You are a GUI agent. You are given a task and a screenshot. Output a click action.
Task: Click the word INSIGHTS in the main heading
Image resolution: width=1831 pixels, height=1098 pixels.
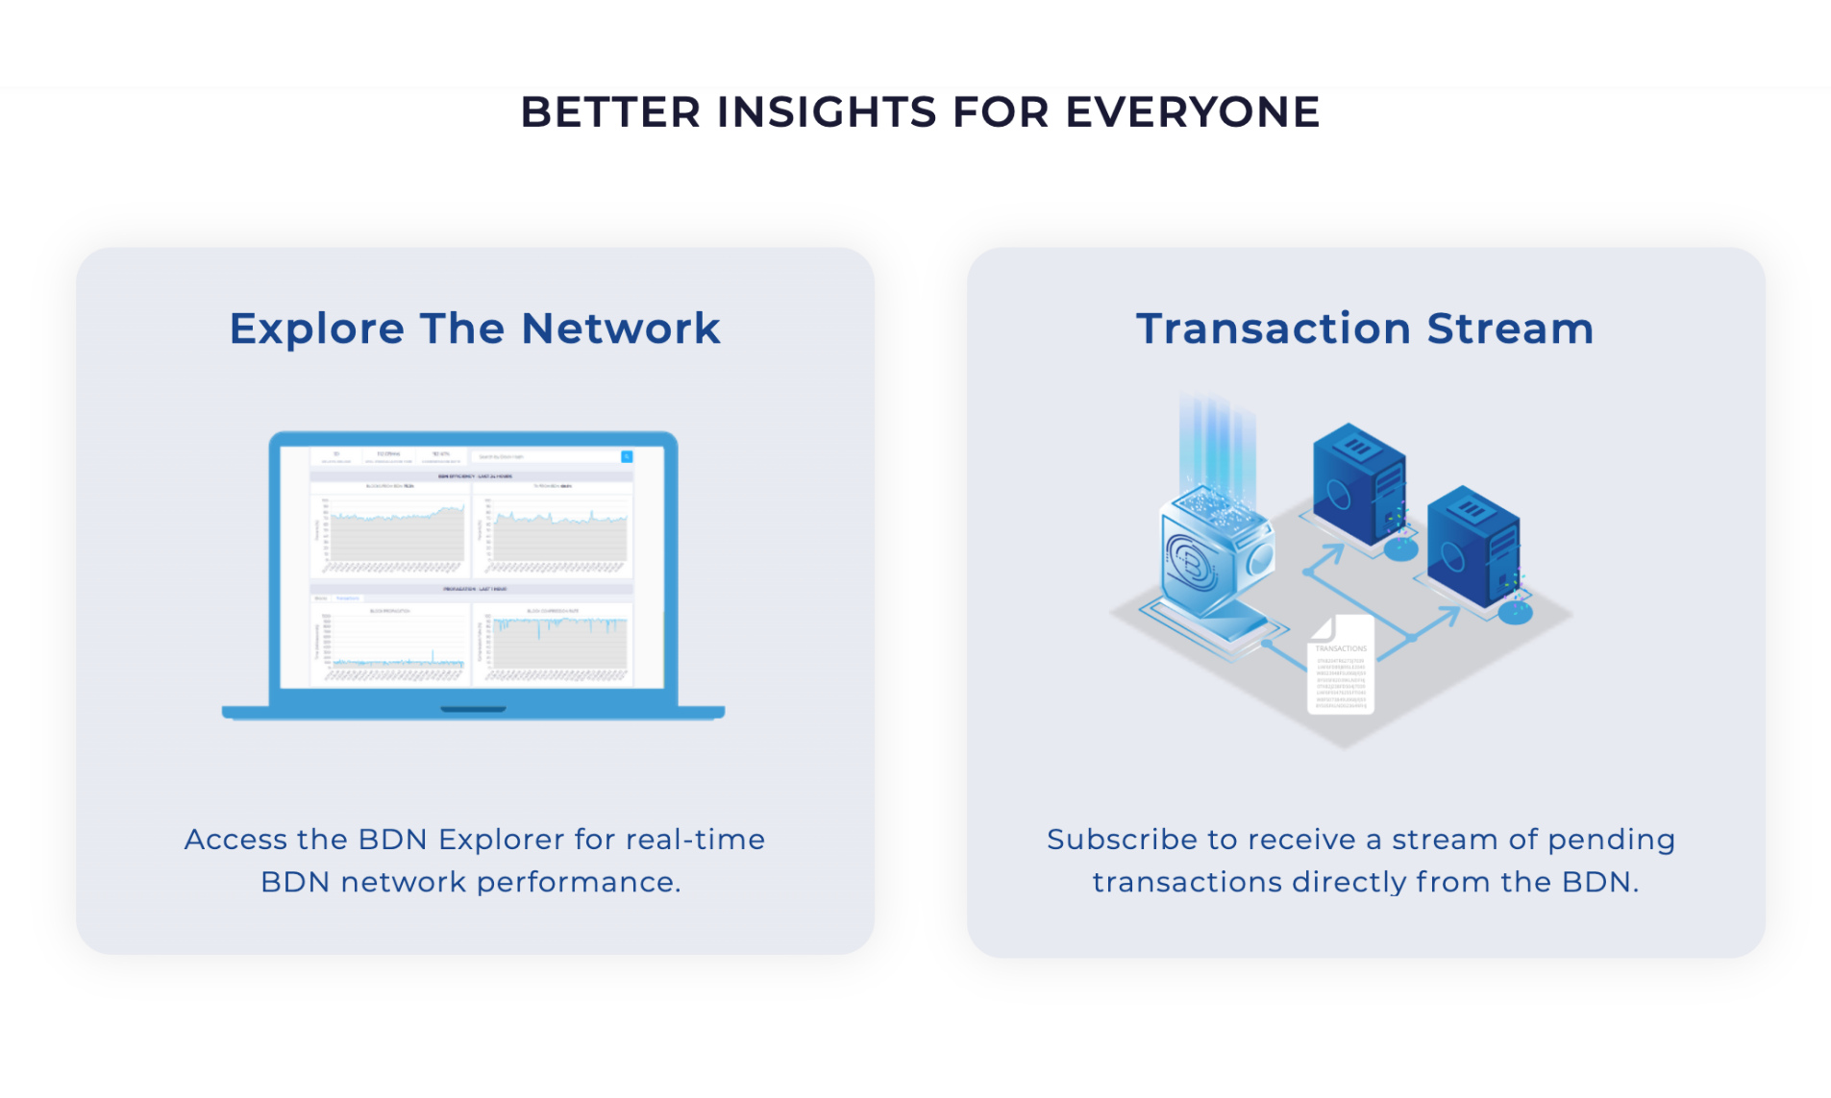(x=826, y=112)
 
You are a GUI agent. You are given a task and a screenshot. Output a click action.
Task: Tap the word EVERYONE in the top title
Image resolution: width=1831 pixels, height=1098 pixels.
(x=1192, y=112)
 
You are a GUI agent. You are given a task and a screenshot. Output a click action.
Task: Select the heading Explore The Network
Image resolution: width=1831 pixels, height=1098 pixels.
(x=474, y=329)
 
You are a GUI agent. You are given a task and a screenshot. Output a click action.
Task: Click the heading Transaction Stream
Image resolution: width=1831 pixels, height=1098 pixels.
(x=1364, y=329)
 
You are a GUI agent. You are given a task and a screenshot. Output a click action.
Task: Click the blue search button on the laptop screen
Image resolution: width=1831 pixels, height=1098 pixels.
(x=627, y=457)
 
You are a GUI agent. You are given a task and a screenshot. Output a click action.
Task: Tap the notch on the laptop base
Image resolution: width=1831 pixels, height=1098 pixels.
(x=473, y=710)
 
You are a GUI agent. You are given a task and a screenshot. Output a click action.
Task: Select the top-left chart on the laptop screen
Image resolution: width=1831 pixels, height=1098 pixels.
(x=390, y=528)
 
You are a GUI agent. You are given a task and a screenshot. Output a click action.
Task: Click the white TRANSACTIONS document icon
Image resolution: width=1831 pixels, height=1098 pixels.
(x=1341, y=668)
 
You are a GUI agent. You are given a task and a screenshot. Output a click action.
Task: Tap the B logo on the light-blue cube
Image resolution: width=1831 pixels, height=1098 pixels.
(x=1192, y=562)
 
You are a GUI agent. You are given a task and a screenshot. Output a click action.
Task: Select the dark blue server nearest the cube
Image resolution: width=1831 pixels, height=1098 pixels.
(x=1357, y=485)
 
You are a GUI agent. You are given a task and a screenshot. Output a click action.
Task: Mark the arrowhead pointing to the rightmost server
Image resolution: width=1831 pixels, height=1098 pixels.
(x=1448, y=616)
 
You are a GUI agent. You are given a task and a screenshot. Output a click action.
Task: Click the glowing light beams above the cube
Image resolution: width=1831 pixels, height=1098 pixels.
(x=1217, y=442)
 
